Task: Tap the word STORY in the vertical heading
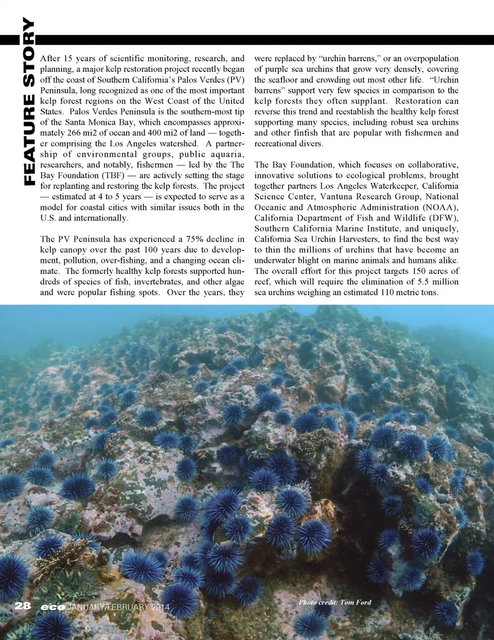click(x=29, y=52)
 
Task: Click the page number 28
click(x=23, y=606)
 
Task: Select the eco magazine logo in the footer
click(x=53, y=607)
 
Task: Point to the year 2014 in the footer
click(x=160, y=607)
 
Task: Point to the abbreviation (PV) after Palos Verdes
click(x=235, y=80)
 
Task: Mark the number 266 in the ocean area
click(x=74, y=133)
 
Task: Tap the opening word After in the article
click(x=50, y=59)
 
